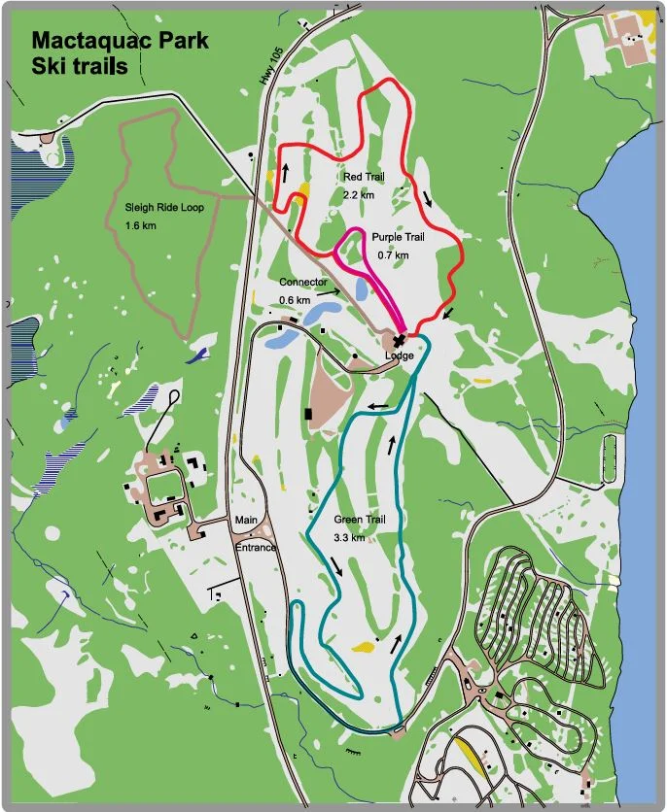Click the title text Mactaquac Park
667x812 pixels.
(x=120, y=43)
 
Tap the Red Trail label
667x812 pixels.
(x=365, y=179)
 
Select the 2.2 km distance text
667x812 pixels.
(x=358, y=195)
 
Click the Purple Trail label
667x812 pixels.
(x=398, y=238)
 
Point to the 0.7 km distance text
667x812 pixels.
(x=393, y=254)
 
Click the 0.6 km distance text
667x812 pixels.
(x=295, y=300)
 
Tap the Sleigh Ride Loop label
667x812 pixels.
(x=164, y=208)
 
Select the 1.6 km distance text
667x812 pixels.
(x=140, y=226)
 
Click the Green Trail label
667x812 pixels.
(x=359, y=521)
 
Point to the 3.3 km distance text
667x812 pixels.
(x=348, y=537)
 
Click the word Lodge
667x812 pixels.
(x=399, y=355)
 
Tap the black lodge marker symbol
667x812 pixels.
(x=399, y=340)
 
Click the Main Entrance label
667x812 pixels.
(x=254, y=533)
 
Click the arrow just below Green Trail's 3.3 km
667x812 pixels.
(x=336, y=565)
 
